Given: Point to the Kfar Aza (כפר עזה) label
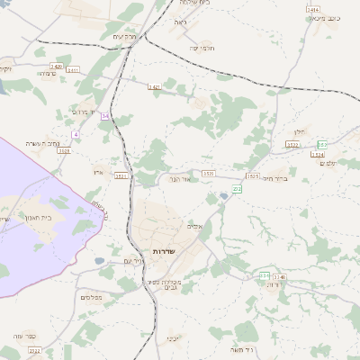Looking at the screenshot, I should pos(23,336).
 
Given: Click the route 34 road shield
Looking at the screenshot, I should pos(105,116).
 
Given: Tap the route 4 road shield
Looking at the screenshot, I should pos(76,134).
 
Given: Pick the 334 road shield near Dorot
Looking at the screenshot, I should pos(265,275).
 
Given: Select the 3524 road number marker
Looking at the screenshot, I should pos(317,155).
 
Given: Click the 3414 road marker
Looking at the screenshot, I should pos(313,7).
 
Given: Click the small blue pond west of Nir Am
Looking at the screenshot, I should pos(99,262).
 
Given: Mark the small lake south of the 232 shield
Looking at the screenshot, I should pos(223,197).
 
